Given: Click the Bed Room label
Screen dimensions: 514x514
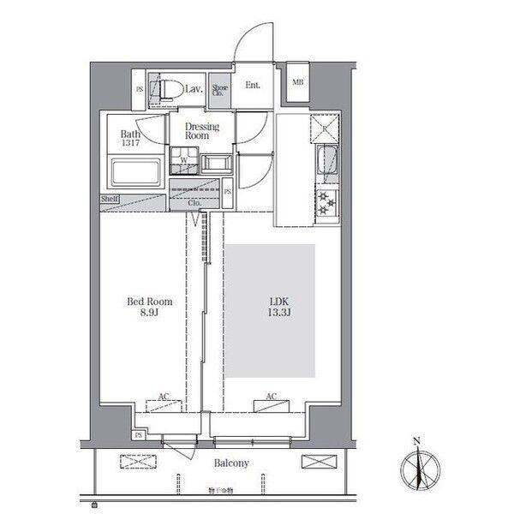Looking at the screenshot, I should (x=150, y=302).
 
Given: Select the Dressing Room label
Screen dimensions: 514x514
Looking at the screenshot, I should (x=203, y=131).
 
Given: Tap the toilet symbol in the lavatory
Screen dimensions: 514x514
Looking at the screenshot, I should (x=164, y=87).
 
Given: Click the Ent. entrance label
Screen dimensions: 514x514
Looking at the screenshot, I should (x=253, y=85).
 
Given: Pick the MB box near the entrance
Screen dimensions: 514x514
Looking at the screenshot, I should (x=298, y=82).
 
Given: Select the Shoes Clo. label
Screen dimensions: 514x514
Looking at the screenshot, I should (x=220, y=90).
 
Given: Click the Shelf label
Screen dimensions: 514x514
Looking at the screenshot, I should (x=110, y=199).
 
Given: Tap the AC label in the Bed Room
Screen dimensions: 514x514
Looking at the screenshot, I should (x=163, y=397).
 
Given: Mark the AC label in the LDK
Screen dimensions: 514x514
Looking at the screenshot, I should (x=271, y=397).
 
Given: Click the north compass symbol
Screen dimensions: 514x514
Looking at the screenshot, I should (x=417, y=468).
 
